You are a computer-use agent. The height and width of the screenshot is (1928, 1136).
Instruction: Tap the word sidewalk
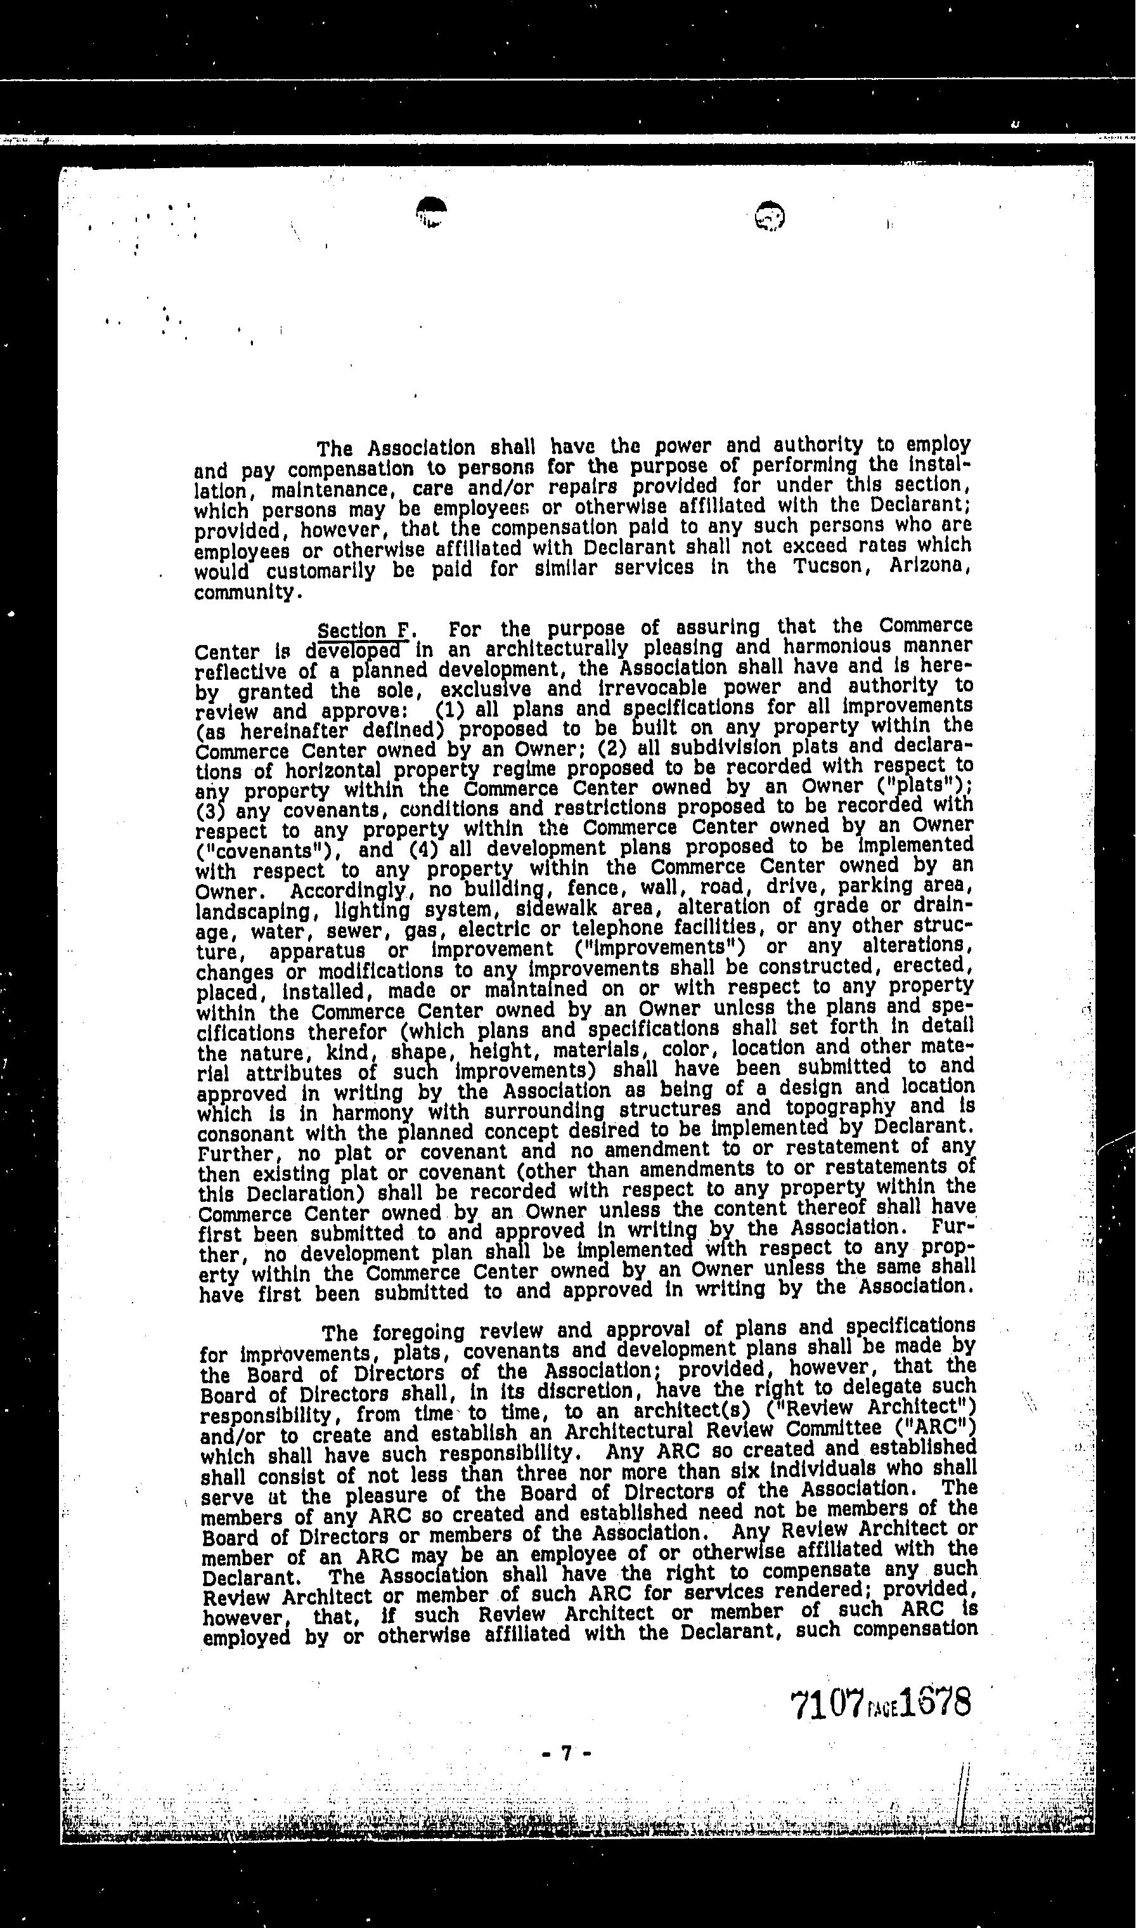tap(560, 909)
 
